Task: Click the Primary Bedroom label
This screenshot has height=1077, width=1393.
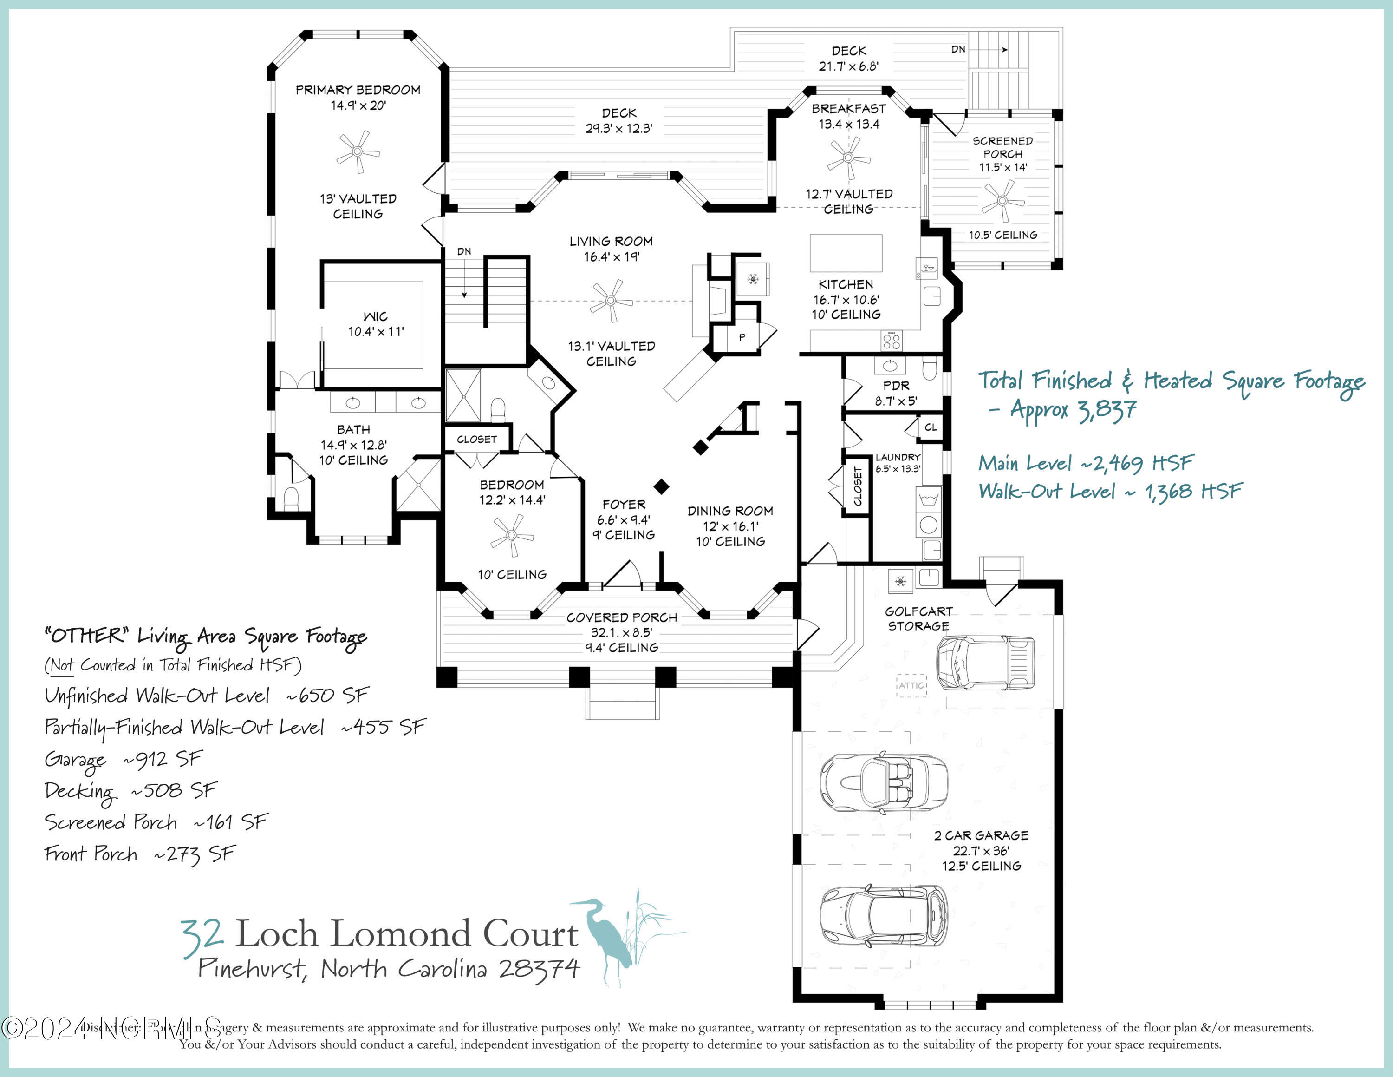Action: tap(358, 90)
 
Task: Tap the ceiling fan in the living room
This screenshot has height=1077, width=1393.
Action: tap(611, 301)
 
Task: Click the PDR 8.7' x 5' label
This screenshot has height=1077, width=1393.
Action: tap(896, 393)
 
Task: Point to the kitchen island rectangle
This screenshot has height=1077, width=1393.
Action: tap(846, 253)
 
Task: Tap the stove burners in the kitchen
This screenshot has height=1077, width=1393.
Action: tap(892, 341)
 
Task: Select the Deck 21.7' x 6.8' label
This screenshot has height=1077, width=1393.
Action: tap(848, 58)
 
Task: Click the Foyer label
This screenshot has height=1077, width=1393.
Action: tap(624, 505)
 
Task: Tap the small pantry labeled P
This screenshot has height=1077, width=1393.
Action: tap(742, 337)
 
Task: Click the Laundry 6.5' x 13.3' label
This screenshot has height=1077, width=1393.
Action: tap(898, 463)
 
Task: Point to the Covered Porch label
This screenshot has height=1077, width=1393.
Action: tap(621, 617)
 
